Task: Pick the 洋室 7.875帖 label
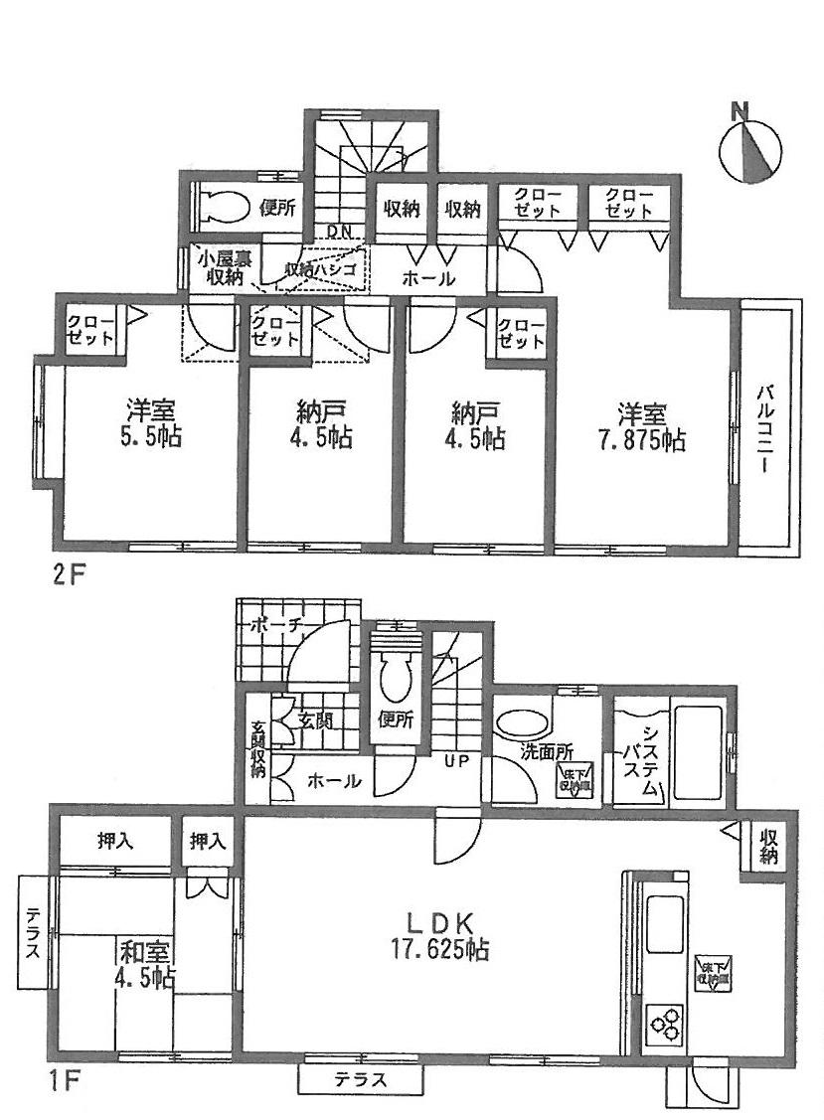tap(645, 424)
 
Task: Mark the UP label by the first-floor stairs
tap(456, 761)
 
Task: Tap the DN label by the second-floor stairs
tap(339, 233)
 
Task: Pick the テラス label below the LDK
tap(360, 1079)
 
